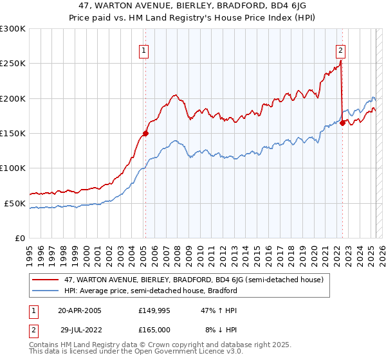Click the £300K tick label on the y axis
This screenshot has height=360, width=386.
pyautogui.click(x=13, y=29)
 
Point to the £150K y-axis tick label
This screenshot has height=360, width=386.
pyautogui.click(x=13, y=134)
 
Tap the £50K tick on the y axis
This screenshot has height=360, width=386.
pyautogui.click(x=15, y=203)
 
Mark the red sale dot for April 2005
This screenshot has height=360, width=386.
pyautogui.click(x=145, y=134)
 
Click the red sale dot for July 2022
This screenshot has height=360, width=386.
pyautogui.click(x=342, y=123)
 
